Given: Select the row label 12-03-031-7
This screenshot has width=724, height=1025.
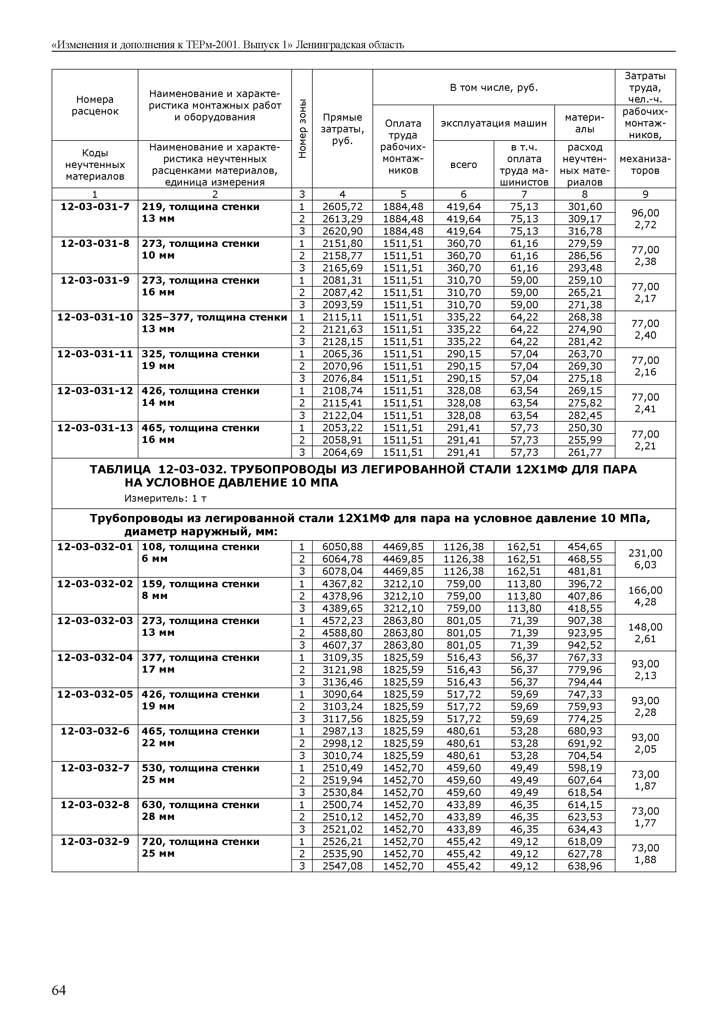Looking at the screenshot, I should click(x=95, y=207).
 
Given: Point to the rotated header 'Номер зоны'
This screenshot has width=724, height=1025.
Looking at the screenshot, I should click(x=302, y=129).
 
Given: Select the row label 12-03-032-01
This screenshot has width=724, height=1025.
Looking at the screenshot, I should click(x=95, y=547).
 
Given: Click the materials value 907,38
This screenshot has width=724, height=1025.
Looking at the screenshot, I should click(x=584, y=621).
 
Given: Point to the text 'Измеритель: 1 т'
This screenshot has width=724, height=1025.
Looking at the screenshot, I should click(x=165, y=498).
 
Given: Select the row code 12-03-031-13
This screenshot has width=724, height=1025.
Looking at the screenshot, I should click(x=95, y=428).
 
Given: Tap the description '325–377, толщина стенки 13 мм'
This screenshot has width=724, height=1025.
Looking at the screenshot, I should click(x=214, y=323).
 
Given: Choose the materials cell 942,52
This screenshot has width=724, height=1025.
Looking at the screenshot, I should click(x=584, y=645).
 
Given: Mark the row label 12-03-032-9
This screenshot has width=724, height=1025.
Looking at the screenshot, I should click(x=95, y=842).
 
